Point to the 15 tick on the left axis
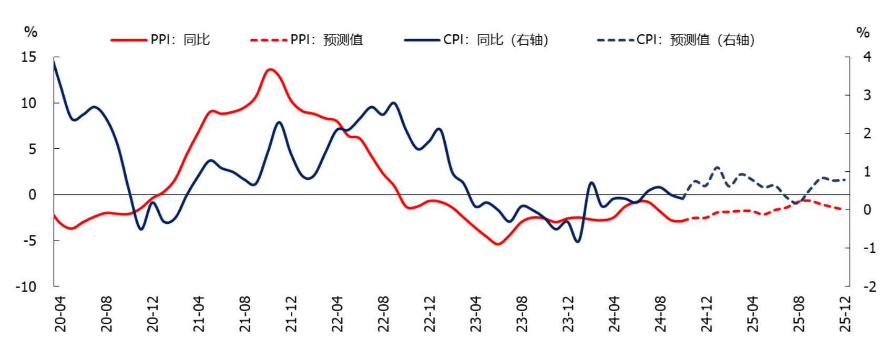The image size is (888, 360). click(x=28, y=57)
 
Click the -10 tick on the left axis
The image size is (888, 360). click(x=26, y=287)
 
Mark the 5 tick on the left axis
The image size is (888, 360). click(x=32, y=149)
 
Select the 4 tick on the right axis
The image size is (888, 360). click(x=867, y=57)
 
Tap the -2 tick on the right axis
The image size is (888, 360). click(x=869, y=287)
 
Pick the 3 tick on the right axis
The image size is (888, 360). click(x=867, y=95)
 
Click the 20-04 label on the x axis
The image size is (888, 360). click(x=60, y=314)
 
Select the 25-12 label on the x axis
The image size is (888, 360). click(x=845, y=314)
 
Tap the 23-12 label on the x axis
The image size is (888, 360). click(x=568, y=314)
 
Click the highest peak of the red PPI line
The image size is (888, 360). click(x=270, y=69)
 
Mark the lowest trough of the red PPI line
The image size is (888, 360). click(x=498, y=244)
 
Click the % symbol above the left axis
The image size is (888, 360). click(x=30, y=32)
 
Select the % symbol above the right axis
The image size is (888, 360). click(x=863, y=33)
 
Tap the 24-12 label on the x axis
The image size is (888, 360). click(x=707, y=314)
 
